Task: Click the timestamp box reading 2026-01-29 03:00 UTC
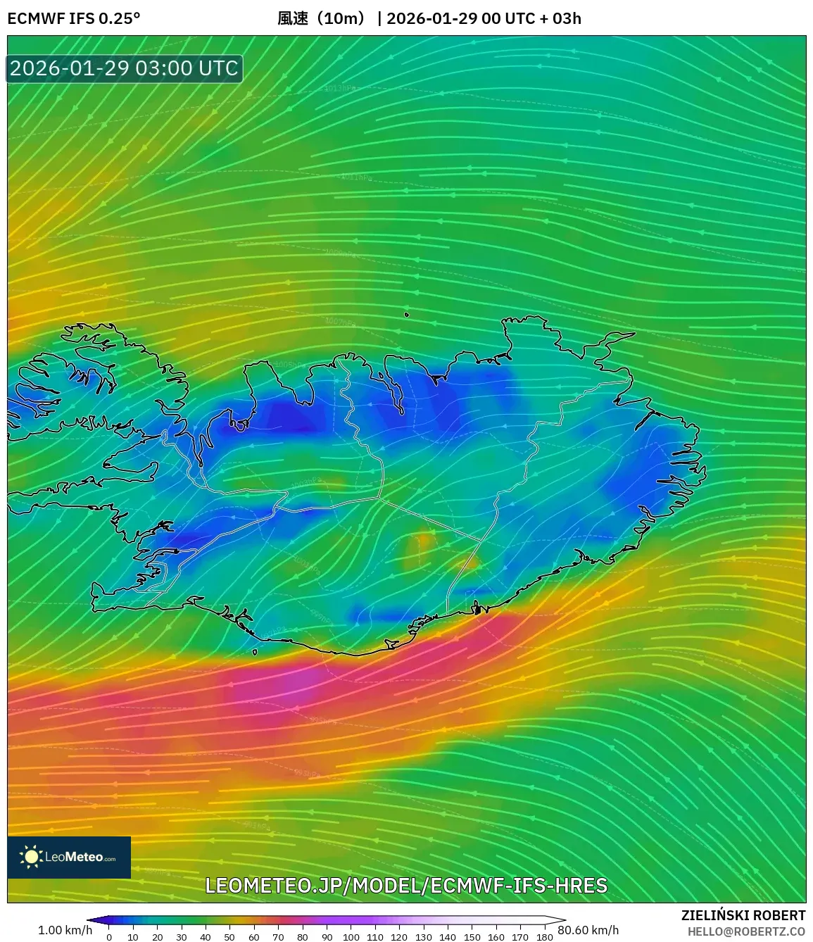click(x=125, y=68)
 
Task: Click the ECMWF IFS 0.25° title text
click(x=74, y=18)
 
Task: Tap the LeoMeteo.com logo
click(x=69, y=857)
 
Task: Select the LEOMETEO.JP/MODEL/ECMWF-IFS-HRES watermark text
click(x=406, y=885)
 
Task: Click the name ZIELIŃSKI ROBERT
click(x=743, y=915)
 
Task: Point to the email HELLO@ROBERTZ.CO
click(x=746, y=931)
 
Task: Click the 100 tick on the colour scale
click(x=351, y=936)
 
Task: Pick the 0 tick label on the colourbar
click(x=109, y=936)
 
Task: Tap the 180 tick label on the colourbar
click(x=544, y=936)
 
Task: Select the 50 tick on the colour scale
click(x=229, y=936)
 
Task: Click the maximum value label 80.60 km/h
click(x=588, y=930)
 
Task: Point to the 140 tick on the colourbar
click(x=448, y=936)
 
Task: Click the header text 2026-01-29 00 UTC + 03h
click(x=484, y=18)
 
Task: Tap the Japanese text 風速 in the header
click(x=293, y=18)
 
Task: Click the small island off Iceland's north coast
click(x=407, y=315)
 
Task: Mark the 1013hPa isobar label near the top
click(x=340, y=88)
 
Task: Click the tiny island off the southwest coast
click(x=255, y=652)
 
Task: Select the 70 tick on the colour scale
click(x=278, y=936)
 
